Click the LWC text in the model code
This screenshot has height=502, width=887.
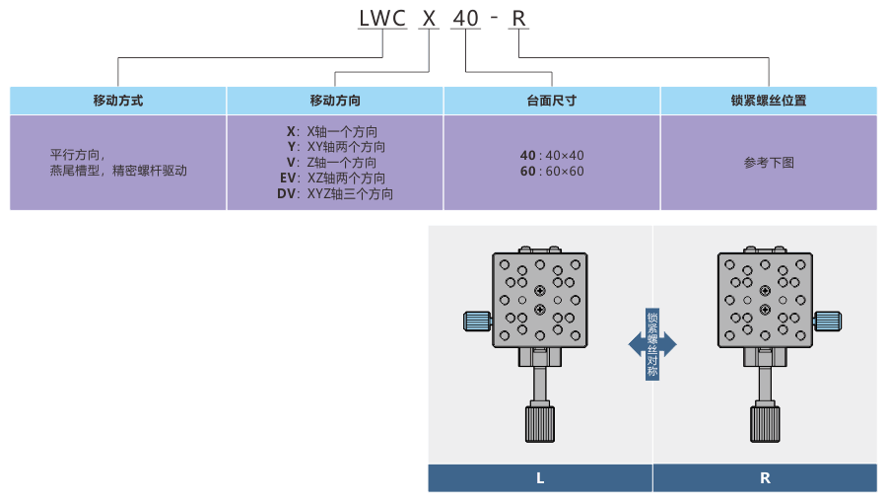point(382,18)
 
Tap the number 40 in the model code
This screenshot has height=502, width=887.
point(466,18)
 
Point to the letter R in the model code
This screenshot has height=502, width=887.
point(518,18)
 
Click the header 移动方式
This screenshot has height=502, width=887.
point(118,101)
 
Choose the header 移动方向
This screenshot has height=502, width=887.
point(335,101)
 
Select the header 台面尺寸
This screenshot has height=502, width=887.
point(552,101)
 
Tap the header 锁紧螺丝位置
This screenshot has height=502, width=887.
point(769,101)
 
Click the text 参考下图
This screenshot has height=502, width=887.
point(769,163)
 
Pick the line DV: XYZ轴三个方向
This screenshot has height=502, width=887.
point(335,194)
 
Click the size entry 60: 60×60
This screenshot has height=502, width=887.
point(552,171)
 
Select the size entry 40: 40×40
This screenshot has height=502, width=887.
point(552,155)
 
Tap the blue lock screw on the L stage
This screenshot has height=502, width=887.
point(477,321)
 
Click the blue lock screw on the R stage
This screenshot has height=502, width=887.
point(828,321)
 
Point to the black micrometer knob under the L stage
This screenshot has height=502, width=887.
point(540,423)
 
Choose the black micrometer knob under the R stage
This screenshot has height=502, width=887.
point(766,423)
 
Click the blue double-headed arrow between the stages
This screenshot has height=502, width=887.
point(652,344)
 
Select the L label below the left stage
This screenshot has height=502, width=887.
point(540,478)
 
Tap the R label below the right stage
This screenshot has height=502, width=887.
point(765,478)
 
